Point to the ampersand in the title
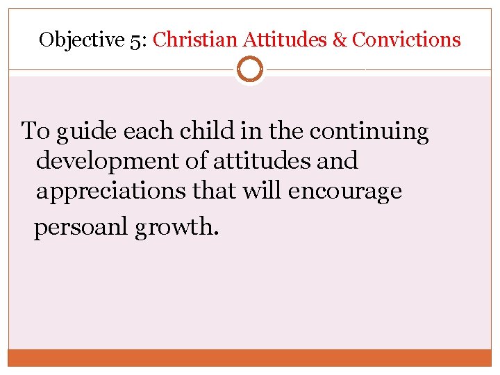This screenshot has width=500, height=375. pos(340,40)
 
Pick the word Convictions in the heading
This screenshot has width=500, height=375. pos(406,40)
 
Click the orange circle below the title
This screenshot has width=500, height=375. pos(249,69)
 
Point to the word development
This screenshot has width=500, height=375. pos(110,161)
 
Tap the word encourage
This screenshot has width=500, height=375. pos(344,191)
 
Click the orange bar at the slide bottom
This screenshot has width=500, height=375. pos(250,358)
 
